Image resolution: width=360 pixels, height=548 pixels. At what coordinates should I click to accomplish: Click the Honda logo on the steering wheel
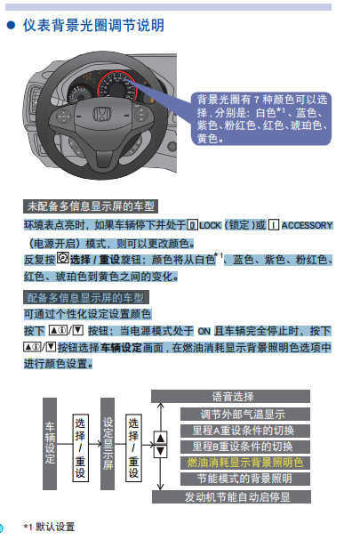[x=101, y=114]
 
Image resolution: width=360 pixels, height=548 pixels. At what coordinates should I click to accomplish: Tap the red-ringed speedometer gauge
[x=116, y=86]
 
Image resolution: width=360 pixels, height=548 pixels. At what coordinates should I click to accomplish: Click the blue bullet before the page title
[x=12, y=25]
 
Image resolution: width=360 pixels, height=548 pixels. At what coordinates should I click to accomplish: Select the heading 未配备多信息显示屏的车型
[x=91, y=206]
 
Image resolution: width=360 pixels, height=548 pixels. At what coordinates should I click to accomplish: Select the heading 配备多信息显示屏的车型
[x=86, y=297]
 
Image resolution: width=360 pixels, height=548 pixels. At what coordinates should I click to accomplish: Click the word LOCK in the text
[x=210, y=225]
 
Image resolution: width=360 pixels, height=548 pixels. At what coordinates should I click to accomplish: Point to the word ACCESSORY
[x=307, y=225]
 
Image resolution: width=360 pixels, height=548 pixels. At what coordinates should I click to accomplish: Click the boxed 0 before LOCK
[x=192, y=225]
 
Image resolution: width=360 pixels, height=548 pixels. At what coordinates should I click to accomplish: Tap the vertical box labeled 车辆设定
[x=50, y=444]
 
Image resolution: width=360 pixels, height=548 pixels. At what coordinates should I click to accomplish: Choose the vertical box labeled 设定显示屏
[x=108, y=444]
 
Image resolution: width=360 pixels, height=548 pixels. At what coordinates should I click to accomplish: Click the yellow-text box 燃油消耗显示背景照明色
[x=245, y=463]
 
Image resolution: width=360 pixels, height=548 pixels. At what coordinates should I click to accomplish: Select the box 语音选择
[x=230, y=397]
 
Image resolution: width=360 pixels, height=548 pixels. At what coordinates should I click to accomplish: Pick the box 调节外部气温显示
[x=245, y=415]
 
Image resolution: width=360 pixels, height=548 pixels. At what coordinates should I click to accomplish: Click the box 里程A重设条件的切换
[x=245, y=431]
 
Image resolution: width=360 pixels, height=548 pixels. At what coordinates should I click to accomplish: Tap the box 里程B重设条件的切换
[x=245, y=447]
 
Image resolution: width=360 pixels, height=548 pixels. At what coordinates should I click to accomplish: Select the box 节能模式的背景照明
[x=245, y=479]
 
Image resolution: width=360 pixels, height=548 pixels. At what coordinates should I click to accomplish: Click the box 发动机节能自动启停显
[x=231, y=496]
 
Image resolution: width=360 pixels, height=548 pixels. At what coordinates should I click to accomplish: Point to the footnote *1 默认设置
[x=49, y=527]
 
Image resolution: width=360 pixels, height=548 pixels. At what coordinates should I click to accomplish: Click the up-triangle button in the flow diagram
[x=161, y=438]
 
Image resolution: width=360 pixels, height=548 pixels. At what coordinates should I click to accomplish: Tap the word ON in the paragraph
[x=204, y=331]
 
